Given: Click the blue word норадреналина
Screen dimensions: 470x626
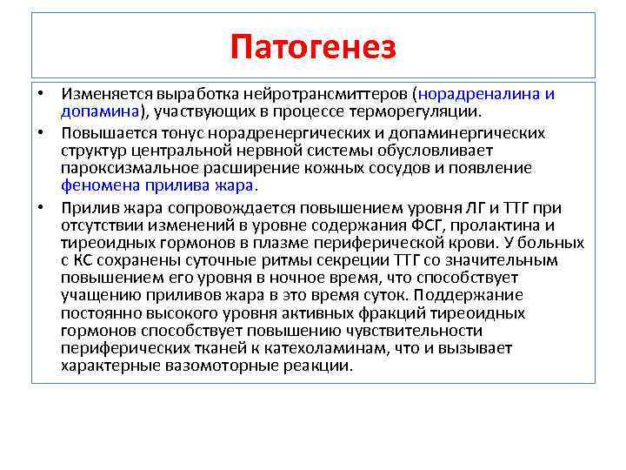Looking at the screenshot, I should [x=476, y=94].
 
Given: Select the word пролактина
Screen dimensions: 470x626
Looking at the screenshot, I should [x=502, y=225].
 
